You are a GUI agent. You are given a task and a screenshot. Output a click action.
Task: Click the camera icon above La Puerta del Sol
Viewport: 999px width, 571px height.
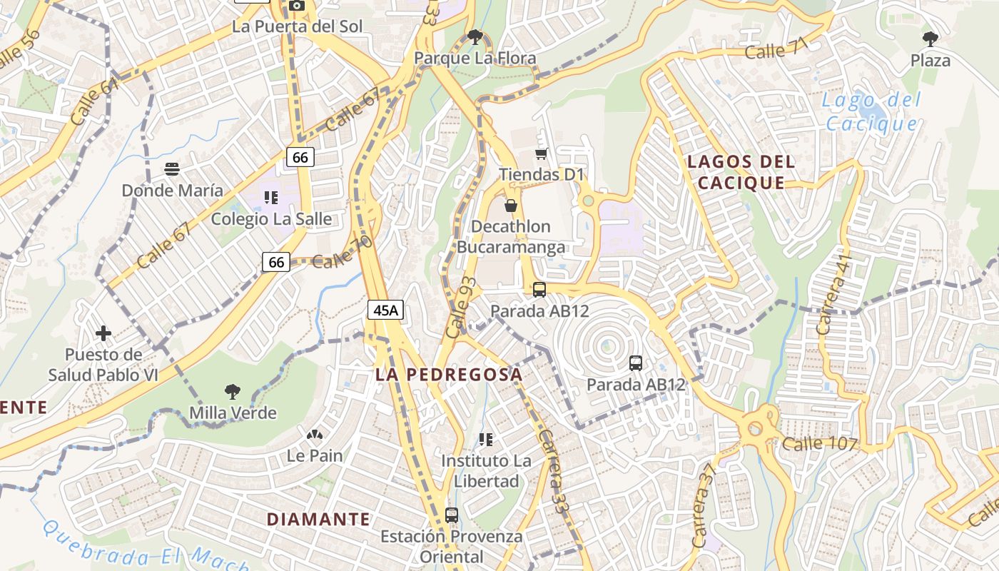click(297, 6)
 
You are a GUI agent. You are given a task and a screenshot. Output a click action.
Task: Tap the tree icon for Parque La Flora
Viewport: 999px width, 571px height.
click(475, 37)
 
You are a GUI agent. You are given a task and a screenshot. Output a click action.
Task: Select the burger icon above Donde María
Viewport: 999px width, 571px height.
click(171, 169)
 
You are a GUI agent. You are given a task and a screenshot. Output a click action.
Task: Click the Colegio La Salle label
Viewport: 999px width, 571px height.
click(271, 218)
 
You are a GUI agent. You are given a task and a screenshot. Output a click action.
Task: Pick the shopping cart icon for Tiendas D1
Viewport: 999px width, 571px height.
click(542, 153)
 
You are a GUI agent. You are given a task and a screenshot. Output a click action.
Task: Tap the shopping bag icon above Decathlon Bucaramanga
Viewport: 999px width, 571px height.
click(511, 206)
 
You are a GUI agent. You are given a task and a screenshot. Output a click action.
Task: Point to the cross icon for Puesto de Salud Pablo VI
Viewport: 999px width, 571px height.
click(103, 333)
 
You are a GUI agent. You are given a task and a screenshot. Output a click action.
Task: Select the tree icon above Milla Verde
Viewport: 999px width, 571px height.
click(232, 391)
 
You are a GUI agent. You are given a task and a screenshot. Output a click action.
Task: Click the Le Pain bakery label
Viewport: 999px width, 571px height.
click(315, 455)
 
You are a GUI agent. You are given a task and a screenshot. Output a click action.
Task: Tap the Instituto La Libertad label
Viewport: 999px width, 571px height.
click(486, 471)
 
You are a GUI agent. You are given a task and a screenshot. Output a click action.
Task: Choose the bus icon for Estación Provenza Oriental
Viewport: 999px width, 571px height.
click(451, 515)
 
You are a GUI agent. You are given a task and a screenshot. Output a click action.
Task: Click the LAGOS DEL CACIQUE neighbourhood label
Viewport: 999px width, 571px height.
click(741, 172)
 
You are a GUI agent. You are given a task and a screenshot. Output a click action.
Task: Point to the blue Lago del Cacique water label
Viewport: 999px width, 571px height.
click(871, 112)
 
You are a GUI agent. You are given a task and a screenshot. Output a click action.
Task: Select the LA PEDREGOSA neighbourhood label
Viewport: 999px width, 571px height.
click(449, 374)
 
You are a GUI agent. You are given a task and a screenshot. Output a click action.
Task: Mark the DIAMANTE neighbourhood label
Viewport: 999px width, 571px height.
click(319, 519)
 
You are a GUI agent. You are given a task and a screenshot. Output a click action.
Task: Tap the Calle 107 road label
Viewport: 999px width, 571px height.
click(819, 443)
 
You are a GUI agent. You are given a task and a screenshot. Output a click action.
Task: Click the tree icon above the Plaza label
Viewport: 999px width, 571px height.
click(930, 39)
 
